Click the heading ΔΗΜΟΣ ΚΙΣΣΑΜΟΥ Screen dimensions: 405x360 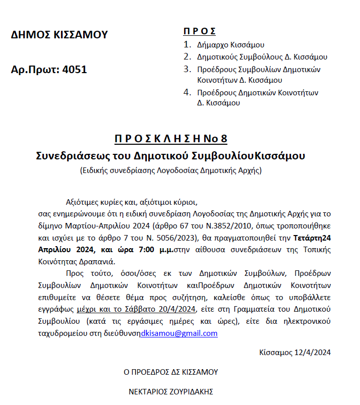[59, 35]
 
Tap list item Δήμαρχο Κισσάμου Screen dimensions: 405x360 [231, 45]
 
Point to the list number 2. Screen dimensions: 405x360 [187, 57]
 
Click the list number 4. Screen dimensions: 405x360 [187, 93]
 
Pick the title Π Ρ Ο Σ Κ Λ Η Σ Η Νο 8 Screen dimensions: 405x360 [170, 139]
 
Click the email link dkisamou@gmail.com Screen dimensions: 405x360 [179, 334]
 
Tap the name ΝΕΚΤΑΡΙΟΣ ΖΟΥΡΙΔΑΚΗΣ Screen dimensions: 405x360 [172, 391]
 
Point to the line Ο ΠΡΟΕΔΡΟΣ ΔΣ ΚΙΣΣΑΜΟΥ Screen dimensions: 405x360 [171, 372]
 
